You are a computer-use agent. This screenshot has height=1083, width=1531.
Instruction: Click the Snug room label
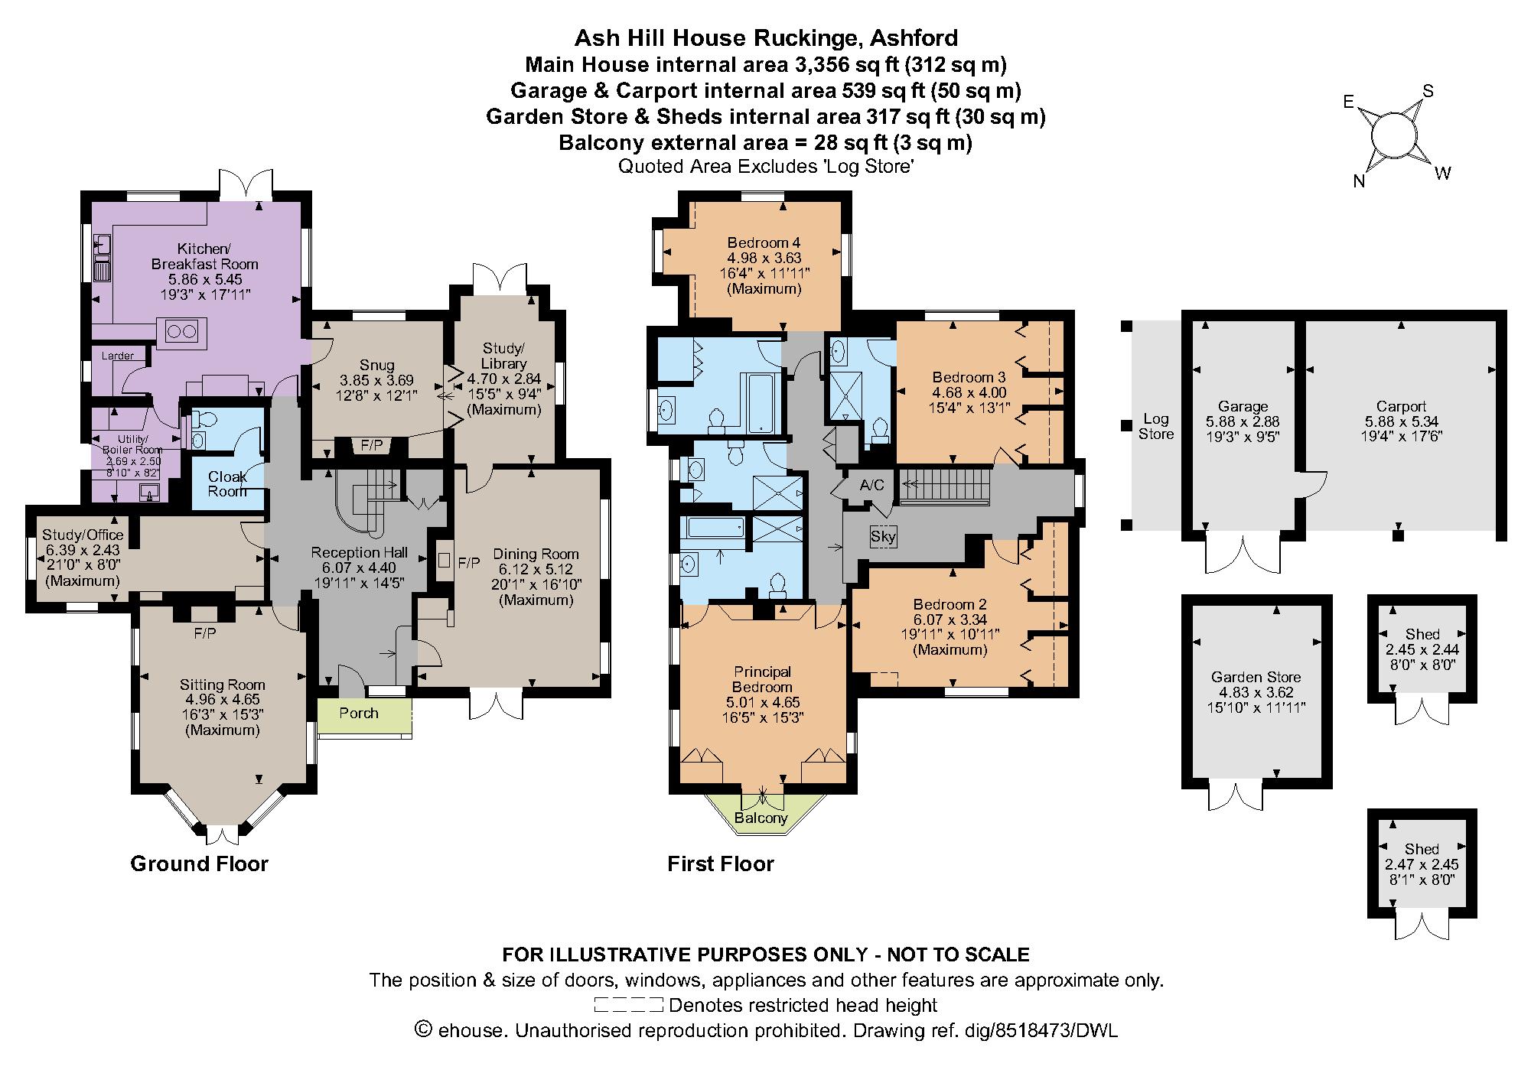tap(376, 365)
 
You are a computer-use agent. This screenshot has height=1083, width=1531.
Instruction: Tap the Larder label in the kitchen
tap(118, 356)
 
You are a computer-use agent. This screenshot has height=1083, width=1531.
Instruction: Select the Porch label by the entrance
tap(359, 713)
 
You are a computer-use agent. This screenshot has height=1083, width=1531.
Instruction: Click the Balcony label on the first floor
tap(761, 818)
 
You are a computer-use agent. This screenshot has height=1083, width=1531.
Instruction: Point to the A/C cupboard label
tap(871, 486)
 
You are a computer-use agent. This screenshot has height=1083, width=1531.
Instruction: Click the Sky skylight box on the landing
tap(883, 536)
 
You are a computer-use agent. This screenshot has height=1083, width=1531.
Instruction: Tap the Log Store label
tap(1155, 427)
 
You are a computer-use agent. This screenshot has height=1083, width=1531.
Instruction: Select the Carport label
tap(1401, 407)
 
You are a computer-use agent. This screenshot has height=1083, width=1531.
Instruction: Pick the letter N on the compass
tap(1359, 181)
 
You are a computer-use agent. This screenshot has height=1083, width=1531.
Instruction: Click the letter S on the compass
tap(1428, 91)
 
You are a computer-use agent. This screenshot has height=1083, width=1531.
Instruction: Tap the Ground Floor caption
tap(200, 863)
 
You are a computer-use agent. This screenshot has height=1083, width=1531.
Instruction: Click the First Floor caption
tap(721, 863)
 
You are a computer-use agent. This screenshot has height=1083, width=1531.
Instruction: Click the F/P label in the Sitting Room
tap(204, 633)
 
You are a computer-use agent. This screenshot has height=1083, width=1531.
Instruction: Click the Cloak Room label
tap(227, 483)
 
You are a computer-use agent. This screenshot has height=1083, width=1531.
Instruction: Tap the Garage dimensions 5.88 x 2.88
tap(1243, 421)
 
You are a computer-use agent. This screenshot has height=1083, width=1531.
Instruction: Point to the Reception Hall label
tap(360, 552)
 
